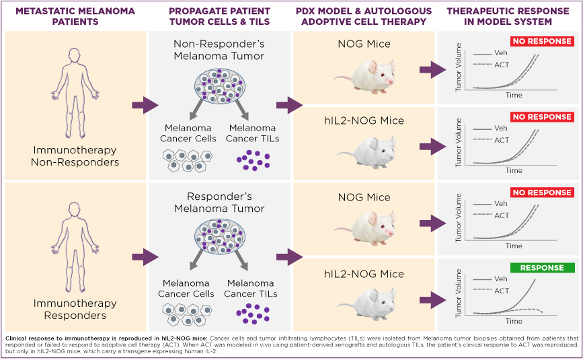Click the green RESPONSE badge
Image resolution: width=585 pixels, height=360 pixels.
pos(542,268)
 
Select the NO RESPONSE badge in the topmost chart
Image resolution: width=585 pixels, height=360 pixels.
pos(542,41)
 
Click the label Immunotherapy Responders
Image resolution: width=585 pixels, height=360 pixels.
pos(75,310)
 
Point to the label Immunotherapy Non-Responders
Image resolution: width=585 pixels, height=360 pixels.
pos(75,156)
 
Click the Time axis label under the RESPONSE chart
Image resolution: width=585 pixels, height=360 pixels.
pos(514,322)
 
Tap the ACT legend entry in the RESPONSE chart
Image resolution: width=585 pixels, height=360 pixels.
pos(501,291)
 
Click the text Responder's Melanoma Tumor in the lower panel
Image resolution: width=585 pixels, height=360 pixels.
pos(219,203)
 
